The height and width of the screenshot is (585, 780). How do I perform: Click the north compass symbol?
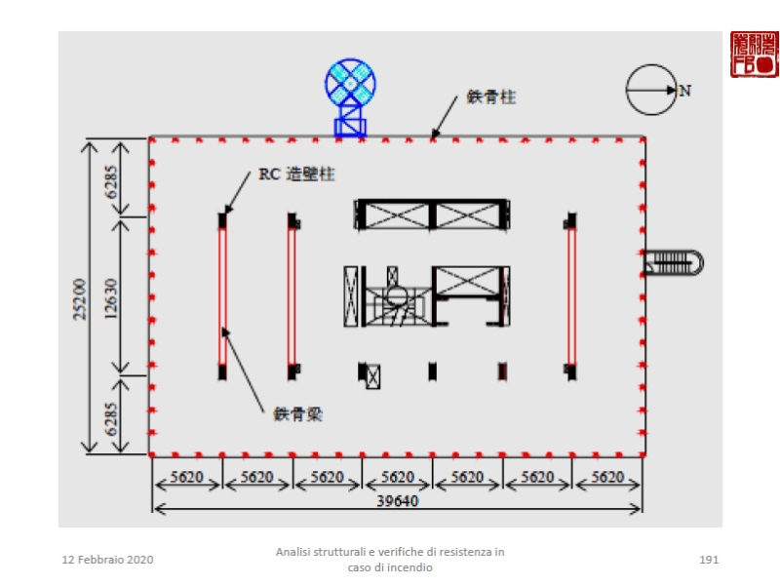tap(650, 90)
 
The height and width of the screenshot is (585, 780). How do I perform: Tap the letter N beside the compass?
tap(685, 91)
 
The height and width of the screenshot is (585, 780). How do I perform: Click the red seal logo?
tap(754, 54)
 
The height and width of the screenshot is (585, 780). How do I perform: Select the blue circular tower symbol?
tap(349, 83)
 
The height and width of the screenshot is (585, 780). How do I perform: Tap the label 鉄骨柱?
tap(490, 97)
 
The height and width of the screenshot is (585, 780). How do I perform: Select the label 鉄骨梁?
tap(297, 414)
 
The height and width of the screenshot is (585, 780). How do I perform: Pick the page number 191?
tap(709, 560)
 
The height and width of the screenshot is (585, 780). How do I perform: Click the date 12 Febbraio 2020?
tap(107, 560)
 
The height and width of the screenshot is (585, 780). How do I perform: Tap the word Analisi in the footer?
tap(294, 552)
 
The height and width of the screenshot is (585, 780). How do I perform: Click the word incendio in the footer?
tap(409, 567)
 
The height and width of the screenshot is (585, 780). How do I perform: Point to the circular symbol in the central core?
tap(396, 295)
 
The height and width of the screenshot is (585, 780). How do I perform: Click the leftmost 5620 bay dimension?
tap(187, 478)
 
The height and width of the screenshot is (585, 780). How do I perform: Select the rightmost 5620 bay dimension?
tap(607, 478)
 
